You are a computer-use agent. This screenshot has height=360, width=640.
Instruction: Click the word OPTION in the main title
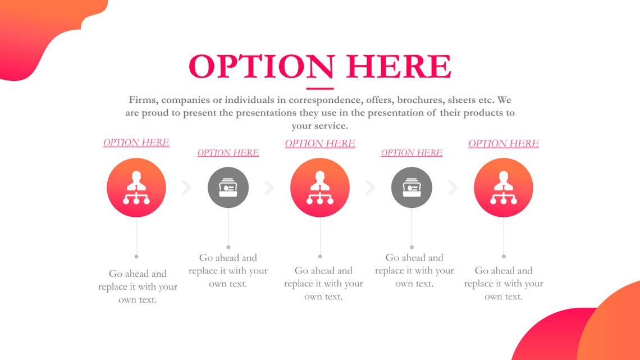(261, 66)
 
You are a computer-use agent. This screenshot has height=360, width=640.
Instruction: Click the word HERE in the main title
(399, 66)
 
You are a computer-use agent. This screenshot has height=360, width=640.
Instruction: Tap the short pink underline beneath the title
(319, 88)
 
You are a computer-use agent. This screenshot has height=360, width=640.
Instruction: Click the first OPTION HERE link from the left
(136, 143)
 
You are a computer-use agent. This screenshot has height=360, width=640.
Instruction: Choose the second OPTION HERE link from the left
(228, 153)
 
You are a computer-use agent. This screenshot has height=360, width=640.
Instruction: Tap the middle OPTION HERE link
(320, 144)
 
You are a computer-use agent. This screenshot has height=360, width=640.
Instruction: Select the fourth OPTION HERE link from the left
(412, 153)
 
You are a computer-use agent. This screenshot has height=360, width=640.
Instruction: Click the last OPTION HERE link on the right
(504, 144)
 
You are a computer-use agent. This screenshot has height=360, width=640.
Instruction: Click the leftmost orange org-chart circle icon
(136, 188)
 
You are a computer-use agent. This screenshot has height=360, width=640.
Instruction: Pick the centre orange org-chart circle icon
(320, 188)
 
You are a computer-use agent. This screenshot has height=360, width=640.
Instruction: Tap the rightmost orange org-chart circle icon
(504, 188)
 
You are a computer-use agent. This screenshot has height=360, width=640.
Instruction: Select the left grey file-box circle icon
(228, 188)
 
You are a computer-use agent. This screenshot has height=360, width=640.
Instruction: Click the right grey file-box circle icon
(412, 188)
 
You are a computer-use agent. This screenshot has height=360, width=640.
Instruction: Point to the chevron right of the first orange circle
(187, 188)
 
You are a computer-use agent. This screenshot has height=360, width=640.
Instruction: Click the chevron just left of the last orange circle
(453, 188)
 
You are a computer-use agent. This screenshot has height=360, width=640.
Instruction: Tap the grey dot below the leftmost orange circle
(136, 257)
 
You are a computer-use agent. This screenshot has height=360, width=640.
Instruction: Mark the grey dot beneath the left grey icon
(228, 247)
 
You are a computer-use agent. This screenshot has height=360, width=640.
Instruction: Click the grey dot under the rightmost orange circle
(504, 257)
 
